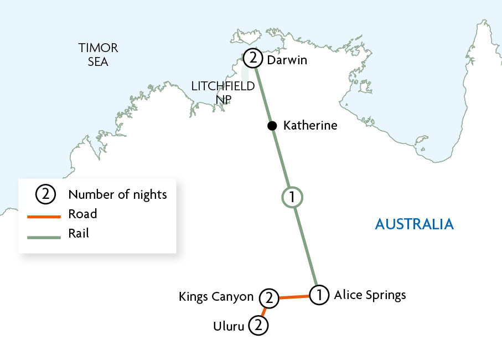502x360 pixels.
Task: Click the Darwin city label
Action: [288, 59]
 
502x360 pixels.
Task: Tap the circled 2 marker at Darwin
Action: [252, 58]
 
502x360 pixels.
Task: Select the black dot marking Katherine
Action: [272, 126]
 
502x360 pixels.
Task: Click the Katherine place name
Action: [310, 126]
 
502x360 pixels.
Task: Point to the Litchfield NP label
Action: [222, 92]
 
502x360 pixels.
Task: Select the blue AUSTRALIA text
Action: [415, 224]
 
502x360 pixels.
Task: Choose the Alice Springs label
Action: [370, 295]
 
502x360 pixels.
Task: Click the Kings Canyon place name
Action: [216, 297]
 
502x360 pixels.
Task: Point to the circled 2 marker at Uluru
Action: [258, 326]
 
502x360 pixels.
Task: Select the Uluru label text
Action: [228, 326]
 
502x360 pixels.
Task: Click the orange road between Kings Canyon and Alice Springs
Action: [293, 297]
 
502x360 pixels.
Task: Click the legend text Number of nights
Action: [117, 194]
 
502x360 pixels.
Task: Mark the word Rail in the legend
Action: [79, 234]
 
